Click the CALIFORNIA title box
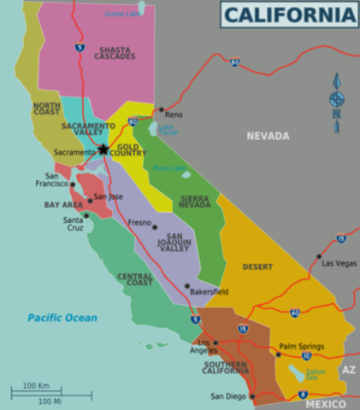(x=288, y=15)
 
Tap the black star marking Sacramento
(x=103, y=149)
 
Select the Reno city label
(x=174, y=114)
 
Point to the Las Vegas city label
(x=339, y=264)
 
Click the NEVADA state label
(x=268, y=136)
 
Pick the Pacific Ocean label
(x=62, y=318)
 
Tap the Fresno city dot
(x=154, y=227)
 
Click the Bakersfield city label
(x=209, y=291)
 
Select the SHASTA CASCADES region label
(x=115, y=54)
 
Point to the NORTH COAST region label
(x=47, y=108)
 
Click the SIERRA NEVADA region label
(x=195, y=202)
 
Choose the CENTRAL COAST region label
(x=135, y=279)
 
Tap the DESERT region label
(x=257, y=266)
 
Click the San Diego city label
(x=228, y=396)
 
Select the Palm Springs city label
(x=302, y=346)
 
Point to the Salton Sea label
(x=316, y=373)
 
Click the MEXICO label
(x=325, y=402)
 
